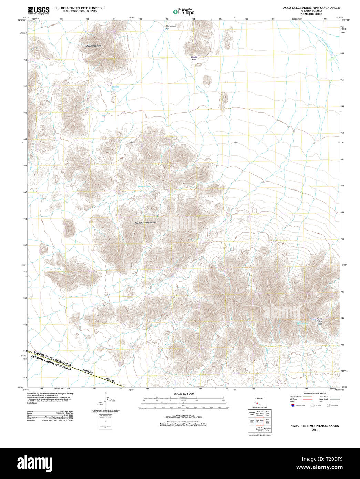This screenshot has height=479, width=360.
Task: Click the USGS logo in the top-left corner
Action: coord(38,10)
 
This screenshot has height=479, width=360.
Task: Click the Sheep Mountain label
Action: coord(93,46)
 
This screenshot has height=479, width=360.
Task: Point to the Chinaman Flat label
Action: coord(171,27)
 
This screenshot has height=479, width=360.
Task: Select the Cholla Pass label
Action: coord(194,58)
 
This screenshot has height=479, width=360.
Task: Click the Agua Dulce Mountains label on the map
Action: coord(145,223)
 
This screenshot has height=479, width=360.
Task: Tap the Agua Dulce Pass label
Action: coord(320,321)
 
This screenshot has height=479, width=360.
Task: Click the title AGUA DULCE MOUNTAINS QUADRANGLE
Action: coord(311,8)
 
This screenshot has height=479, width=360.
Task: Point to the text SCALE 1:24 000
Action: coord(183,393)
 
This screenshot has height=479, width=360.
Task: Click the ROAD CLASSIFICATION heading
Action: coord(315,393)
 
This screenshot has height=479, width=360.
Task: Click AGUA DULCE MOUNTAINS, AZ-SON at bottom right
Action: coord(315,426)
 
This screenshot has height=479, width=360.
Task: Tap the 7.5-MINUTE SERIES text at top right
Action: coord(311,14)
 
